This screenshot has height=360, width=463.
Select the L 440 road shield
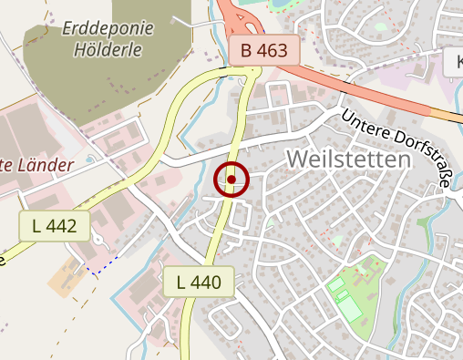tap(200, 282)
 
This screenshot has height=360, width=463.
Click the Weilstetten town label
tap(348, 159)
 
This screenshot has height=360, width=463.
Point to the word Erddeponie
tap(108, 27)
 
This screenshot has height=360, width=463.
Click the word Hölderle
tap(108, 50)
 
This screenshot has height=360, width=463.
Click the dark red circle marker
tap(231, 180)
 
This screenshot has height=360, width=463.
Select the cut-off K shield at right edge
tap(453, 63)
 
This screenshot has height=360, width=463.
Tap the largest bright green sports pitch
tap(349, 308)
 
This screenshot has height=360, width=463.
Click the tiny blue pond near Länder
tap(92, 160)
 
